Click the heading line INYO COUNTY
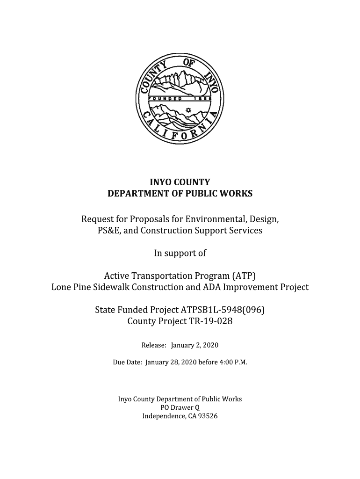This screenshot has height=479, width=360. point(180,182)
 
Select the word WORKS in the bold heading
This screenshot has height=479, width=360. point(236,193)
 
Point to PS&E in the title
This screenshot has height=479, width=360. point(95,231)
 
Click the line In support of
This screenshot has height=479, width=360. point(180,253)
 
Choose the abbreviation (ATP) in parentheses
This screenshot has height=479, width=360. point(243,276)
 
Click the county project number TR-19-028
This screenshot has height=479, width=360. point(207,321)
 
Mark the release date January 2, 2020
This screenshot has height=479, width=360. point(194,345)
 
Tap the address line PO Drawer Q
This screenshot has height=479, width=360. point(180,407)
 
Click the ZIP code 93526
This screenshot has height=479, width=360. point(208,416)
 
